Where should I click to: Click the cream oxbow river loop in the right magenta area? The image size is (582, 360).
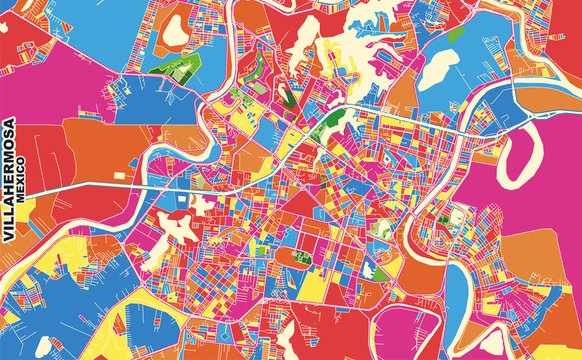[520, 155]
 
